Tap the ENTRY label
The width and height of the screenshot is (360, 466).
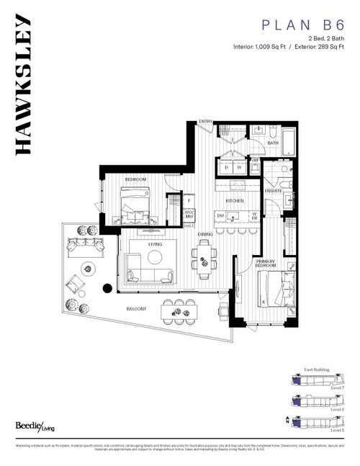[x=206, y=121]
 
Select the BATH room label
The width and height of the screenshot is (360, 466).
[x=273, y=143]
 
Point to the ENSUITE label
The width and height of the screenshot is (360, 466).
[x=273, y=190]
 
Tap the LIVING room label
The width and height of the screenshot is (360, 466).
[x=156, y=244]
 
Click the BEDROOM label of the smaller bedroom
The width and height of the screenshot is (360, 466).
[x=136, y=179]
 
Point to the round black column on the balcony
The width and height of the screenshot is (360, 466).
[x=107, y=288]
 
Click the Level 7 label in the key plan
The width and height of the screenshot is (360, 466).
[x=336, y=387]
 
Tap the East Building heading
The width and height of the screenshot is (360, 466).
[x=317, y=369]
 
